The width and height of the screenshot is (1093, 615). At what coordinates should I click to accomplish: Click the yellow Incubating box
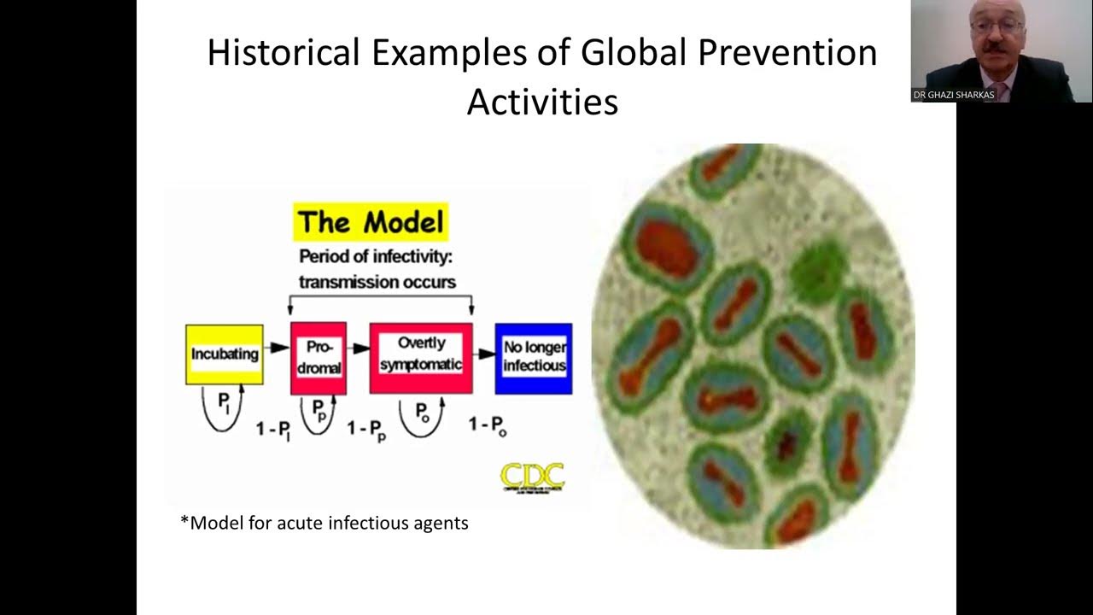point(225,354)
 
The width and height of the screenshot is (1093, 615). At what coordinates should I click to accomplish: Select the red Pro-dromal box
point(319,358)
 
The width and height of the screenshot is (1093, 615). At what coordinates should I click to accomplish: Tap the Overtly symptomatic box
point(421,357)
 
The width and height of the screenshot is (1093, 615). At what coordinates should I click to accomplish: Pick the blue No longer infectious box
point(534,358)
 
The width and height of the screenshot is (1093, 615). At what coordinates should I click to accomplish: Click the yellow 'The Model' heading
point(371,223)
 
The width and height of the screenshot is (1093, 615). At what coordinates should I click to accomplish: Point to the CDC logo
point(532,477)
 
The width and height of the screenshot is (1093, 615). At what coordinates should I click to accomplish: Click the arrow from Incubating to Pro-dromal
point(277,348)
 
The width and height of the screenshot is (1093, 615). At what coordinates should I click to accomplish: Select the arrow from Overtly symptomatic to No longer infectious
point(484,353)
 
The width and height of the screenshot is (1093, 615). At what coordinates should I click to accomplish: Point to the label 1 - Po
point(488,425)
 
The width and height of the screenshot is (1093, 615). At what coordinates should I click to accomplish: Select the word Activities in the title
point(542,102)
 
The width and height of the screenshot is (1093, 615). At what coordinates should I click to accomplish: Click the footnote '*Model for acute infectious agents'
point(324,523)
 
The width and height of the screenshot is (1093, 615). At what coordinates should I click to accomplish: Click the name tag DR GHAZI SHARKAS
point(953,95)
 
